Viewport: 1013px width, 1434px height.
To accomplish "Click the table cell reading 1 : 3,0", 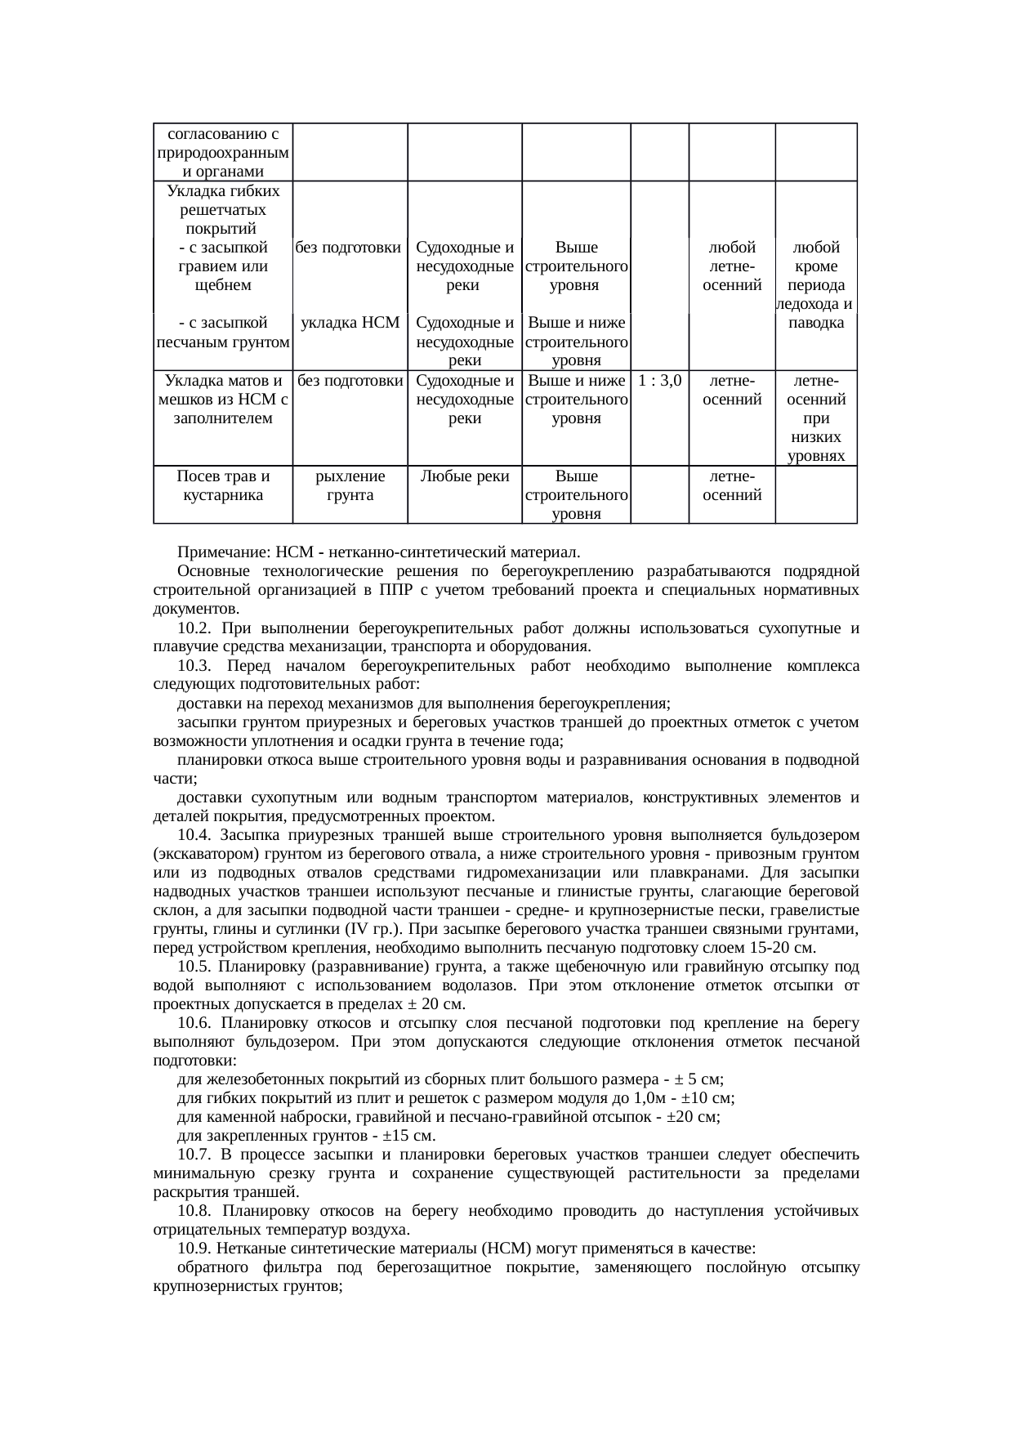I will [660, 381].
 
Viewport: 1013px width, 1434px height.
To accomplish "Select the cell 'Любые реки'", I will [464, 476].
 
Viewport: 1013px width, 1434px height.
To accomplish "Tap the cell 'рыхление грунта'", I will [350, 485].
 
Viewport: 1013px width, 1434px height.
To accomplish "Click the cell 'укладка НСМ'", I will [350, 323].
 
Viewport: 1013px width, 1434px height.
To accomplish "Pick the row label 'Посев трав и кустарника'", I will [223, 485].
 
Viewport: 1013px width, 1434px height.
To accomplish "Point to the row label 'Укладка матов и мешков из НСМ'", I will [223, 400].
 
